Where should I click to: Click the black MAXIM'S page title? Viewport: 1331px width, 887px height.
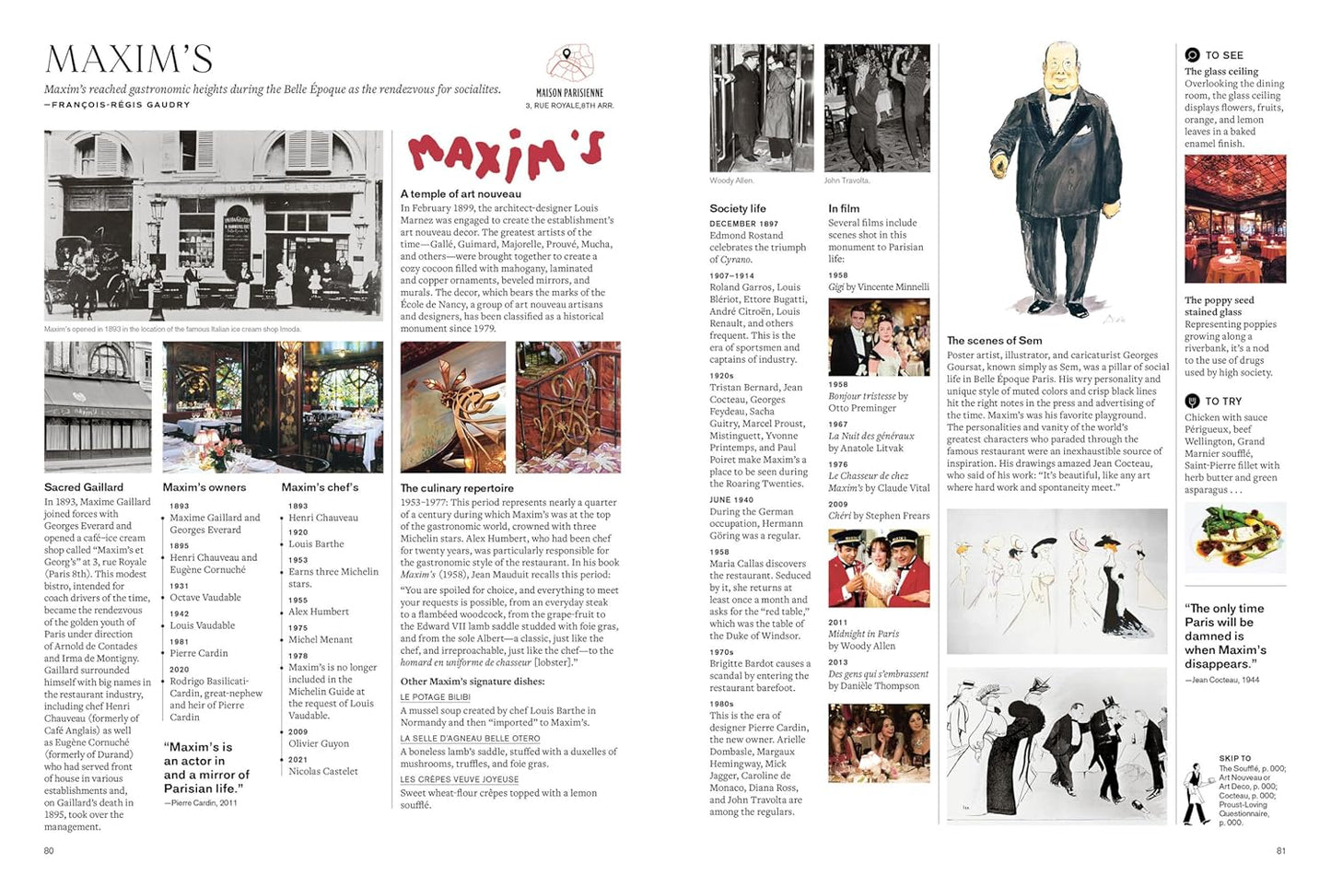pyautogui.click(x=129, y=60)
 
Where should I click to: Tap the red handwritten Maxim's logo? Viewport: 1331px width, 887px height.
pyautogui.click(x=506, y=153)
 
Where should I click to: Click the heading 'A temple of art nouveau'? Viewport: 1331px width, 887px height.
pyautogui.click(x=461, y=194)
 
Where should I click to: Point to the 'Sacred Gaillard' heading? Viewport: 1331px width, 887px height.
pyautogui.click(x=84, y=487)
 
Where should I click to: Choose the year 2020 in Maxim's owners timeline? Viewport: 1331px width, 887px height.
pyautogui.click(x=179, y=670)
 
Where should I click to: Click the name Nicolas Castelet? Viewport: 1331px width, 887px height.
pyautogui.click(x=323, y=772)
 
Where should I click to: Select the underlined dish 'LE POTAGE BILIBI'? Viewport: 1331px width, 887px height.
pyautogui.click(x=435, y=697)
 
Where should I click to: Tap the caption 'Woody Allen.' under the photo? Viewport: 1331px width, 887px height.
pyautogui.click(x=731, y=181)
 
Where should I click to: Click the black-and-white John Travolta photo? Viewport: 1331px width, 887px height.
pyautogui.click(x=877, y=108)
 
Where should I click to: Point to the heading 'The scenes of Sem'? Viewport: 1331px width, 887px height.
pyautogui.click(x=995, y=341)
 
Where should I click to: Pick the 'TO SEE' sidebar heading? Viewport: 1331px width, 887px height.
pyautogui.click(x=1223, y=55)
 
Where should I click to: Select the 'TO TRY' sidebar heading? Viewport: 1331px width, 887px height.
pyautogui.click(x=1222, y=402)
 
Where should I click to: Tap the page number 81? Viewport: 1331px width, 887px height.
pyautogui.click(x=1280, y=851)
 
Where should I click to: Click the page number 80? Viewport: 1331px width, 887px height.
pyautogui.click(x=49, y=851)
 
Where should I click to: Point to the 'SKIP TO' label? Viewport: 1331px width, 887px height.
pyautogui.click(x=1234, y=759)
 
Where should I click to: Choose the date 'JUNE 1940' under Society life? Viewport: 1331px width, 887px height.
pyautogui.click(x=731, y=500)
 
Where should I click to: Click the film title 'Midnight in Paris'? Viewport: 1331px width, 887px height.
pyautogui.click(x=863, y=635)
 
